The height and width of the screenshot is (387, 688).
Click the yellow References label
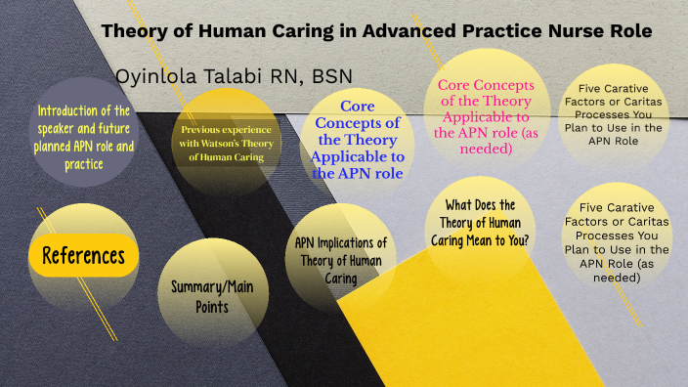pos(83,256)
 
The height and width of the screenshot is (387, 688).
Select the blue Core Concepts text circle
pos(357,140)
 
